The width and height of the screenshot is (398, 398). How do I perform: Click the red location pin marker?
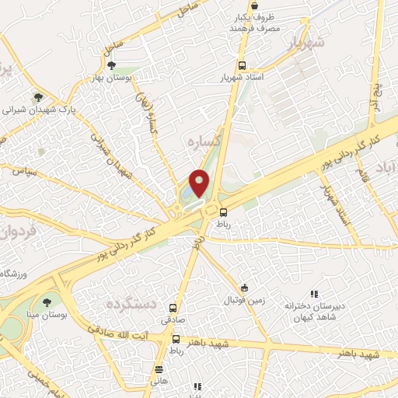click(x=200, y=183)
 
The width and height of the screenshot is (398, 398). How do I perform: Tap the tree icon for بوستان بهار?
click(x=112, y=65)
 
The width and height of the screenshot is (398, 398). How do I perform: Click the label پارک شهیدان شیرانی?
click(x=37, y=110)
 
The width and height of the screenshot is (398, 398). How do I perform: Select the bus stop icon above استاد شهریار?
click(x=243, y=66)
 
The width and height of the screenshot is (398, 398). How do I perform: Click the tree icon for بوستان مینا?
click(x=49, y=302)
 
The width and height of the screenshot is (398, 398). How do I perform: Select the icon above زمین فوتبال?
click(x=245, y=288)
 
